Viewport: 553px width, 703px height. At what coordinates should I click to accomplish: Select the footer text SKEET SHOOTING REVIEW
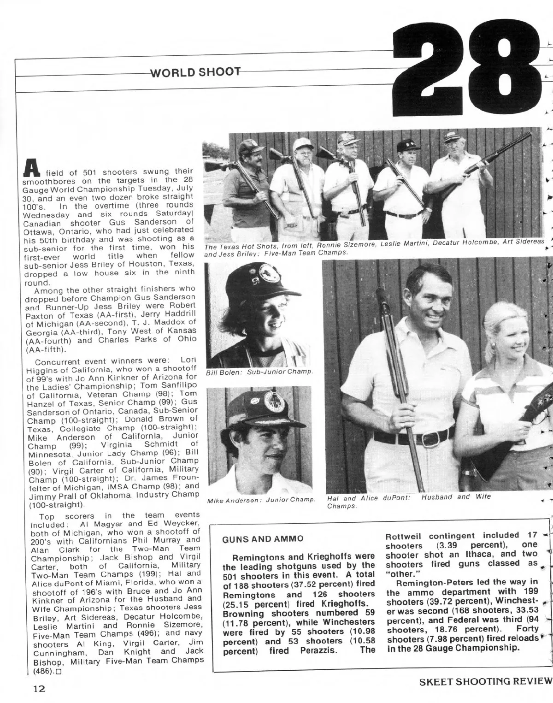[x=485, y=681]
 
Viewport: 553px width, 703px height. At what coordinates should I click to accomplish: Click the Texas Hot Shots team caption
[x=373, y=249]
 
